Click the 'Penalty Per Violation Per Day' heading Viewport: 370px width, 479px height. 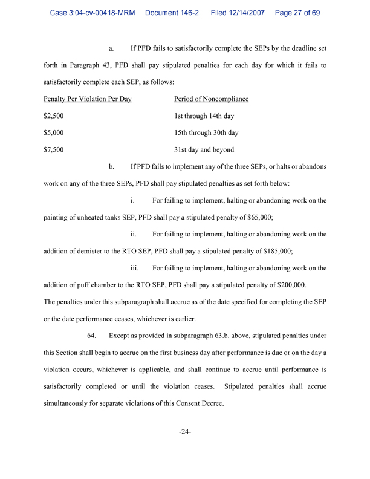click(x=88, y=99)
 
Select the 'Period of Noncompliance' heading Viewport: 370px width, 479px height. click(x=211, y=99)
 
